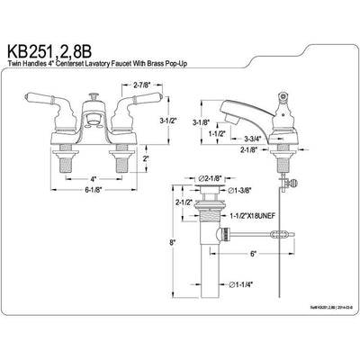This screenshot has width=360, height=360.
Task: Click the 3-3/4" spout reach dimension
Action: (x=254, y=140)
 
